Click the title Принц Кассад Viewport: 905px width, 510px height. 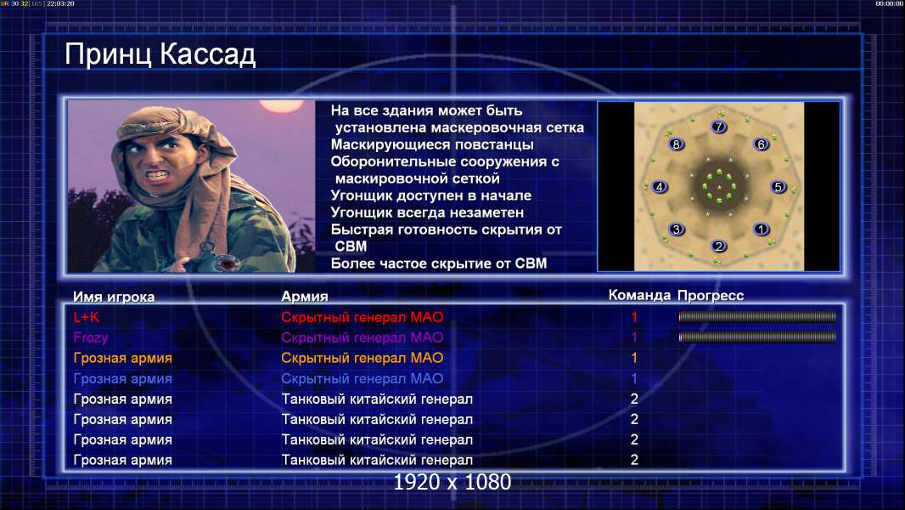(x=160, y=55)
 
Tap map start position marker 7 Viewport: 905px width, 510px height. (x=718, y=127)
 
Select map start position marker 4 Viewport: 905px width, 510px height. (x=660, y=186)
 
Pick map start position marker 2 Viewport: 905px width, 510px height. (x=718, y=246)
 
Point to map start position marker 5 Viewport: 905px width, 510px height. (x=778, y=186)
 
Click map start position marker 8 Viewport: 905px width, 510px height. (x=677, y=144)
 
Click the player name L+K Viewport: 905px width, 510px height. (x=86, y=317)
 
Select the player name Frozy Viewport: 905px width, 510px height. (x=91, y=338)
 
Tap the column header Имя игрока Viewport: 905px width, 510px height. (x=114, y=297)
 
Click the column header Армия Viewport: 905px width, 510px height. (x=304, y=297)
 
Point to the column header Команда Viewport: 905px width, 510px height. (x=639, y=296)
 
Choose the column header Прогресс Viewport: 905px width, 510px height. (x=711, y=296)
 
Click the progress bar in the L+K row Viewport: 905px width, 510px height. (x=757, y=316)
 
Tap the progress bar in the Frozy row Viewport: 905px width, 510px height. (x=757, y=337)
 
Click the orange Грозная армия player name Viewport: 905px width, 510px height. (x=122, y=358)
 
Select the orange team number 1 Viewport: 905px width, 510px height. (x=633, y=358)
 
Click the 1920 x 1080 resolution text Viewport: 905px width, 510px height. (x=452, y=482)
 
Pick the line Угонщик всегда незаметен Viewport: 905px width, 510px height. (x=427, y=212)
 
